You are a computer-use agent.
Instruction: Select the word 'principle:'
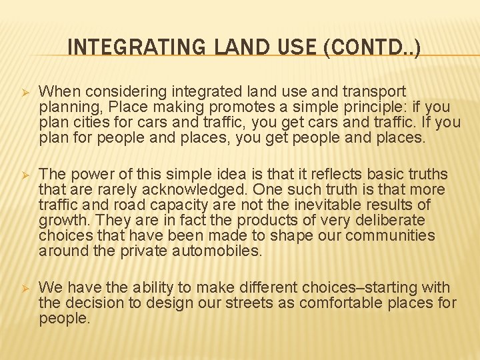coord(355,107)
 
